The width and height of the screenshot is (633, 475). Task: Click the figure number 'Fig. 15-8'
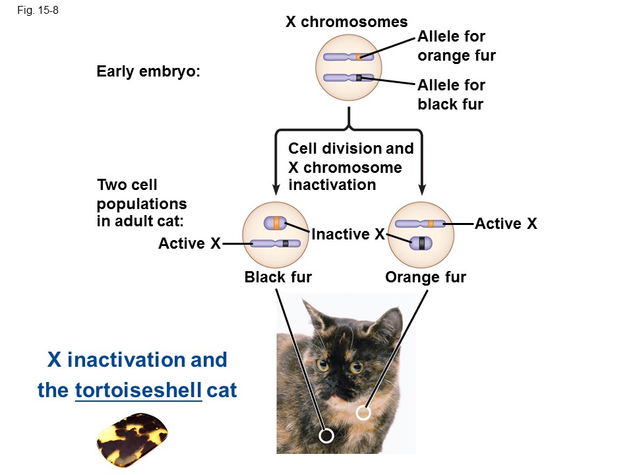pos(40,11)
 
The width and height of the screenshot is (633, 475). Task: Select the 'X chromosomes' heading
pos(346,22)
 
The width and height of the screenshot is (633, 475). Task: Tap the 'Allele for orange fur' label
pos(456,46)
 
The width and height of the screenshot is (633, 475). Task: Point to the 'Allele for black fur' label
pos(451,94)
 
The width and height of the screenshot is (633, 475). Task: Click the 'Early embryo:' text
pos(148,73)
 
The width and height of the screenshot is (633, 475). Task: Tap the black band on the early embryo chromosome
pos(359,78)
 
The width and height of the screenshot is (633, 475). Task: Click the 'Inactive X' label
pos(347,234)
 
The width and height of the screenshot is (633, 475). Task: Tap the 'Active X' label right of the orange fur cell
pos(506,224)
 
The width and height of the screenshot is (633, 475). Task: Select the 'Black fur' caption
pos(278,277)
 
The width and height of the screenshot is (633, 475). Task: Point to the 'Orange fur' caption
pos(425,277)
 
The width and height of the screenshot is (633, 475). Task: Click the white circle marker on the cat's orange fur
pos(363,414)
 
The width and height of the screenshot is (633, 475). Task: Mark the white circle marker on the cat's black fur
pos(326,435)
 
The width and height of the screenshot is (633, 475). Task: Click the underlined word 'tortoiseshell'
pos(138,391)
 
